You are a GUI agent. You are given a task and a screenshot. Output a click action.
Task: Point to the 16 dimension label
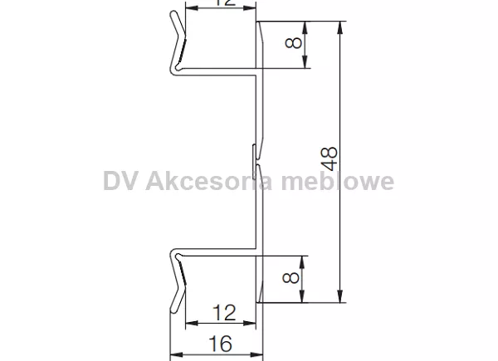219,343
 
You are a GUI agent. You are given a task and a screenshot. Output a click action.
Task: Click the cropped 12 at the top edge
219,3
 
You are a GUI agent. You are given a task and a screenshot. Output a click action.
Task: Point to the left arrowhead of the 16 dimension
174,355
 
